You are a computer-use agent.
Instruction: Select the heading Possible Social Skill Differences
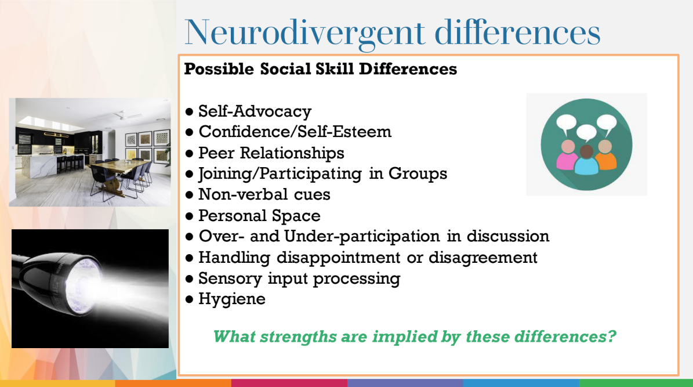coord(320,69)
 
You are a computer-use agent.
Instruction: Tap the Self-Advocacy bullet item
coord(255,111)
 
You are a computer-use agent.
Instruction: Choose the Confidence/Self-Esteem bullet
coord(295,132)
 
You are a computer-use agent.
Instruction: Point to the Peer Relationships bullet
coord(271,153)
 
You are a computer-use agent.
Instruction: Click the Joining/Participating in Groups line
coord(322,173)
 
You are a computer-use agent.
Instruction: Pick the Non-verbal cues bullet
coord(264,194)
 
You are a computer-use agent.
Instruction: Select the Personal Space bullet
coord(259,216)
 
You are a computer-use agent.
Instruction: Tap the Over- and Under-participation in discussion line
coord(373,236)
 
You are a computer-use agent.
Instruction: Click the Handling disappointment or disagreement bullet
coord(368,257)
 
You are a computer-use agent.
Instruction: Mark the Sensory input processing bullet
coord(299,278)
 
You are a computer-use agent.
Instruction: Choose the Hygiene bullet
coord(231,299)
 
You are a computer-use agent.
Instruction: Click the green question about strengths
coord(414,337)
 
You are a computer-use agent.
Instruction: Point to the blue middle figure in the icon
coord(586,161)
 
